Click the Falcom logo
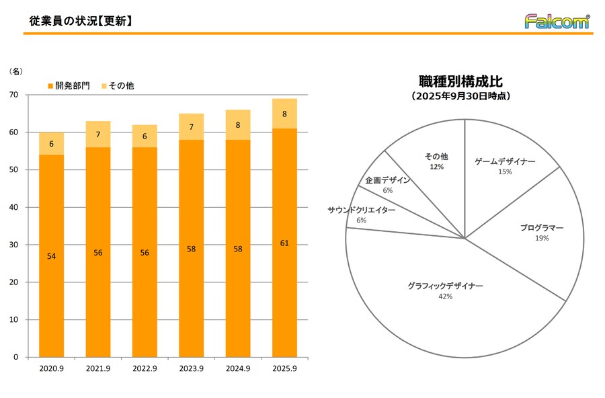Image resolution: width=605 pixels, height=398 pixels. coord(557,22)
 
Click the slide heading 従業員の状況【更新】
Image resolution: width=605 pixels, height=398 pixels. coord(81,21)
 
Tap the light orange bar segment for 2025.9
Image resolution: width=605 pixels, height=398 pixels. coord(284,113)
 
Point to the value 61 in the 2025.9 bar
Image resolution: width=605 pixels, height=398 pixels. coord(284,243)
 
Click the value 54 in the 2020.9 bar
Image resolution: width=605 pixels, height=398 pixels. coord(52,255)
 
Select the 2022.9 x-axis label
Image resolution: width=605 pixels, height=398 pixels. coord(145,369)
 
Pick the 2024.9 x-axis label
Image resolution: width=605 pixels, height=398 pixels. coord(238,369)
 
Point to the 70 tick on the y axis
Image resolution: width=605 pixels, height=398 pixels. coord(14,95)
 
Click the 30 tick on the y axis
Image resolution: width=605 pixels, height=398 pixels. coord(14,245)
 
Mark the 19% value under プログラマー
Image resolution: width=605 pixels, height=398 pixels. coord(542,238)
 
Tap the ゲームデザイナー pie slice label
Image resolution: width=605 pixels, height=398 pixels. coord(505,161)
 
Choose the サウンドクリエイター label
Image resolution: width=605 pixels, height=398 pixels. coord(362,210)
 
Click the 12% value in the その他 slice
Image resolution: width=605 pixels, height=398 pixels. coord(436,167)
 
